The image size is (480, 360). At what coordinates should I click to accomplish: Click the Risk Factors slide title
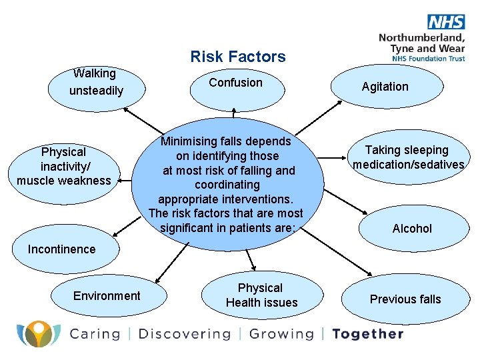237,57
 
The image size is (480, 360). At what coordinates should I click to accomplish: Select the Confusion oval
235,85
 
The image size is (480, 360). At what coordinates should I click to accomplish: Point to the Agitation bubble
385,87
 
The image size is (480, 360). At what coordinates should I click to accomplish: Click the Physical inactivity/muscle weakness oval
64,167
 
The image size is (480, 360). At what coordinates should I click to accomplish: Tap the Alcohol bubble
411,228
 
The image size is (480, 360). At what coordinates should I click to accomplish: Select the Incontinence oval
62,249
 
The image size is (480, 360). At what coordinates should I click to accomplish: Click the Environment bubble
107,296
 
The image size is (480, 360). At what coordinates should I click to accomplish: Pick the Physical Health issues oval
261,296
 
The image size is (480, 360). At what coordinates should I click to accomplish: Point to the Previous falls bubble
405,299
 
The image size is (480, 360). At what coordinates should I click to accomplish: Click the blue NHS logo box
446,21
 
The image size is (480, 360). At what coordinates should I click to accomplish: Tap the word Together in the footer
367,334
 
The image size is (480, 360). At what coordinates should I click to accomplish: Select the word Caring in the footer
95,334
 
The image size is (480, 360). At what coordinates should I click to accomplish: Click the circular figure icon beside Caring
38,333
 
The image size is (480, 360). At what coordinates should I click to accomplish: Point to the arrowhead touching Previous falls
371,273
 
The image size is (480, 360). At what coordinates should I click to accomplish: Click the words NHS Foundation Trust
429,59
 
